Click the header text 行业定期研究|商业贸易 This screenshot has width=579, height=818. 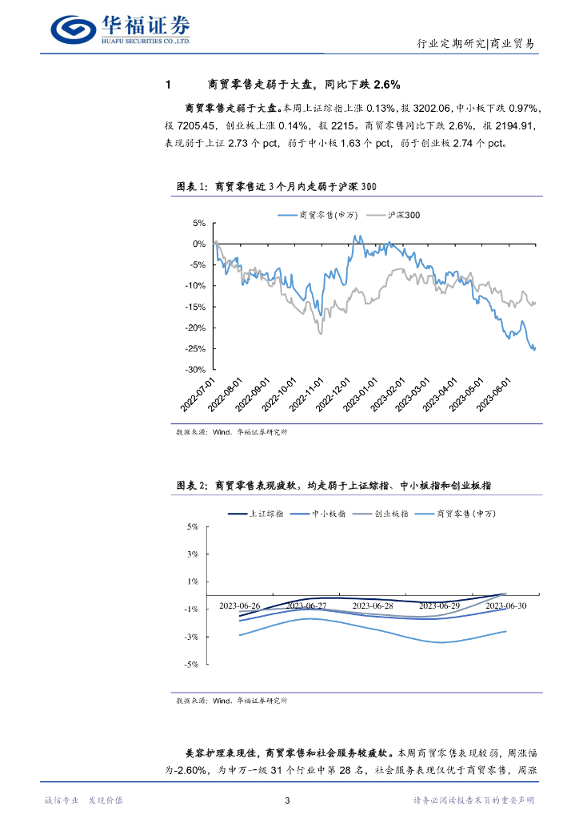click(477, 44)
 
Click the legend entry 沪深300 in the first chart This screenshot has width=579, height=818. click(403, 215)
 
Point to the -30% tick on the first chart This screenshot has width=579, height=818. click(196, 370)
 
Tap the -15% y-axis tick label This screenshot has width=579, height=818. click(196, 307)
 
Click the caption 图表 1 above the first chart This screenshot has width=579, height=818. click(193, 185)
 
